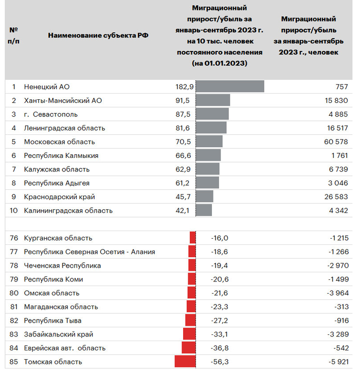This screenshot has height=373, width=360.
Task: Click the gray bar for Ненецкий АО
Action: [230, 86]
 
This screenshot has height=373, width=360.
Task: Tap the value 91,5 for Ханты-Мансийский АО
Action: [185, 100]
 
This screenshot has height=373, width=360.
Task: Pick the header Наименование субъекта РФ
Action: [99, 35]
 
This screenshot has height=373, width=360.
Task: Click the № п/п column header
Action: [13, 35]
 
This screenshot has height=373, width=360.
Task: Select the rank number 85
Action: [14, 361]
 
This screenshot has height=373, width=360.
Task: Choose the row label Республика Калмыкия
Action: [61, 155]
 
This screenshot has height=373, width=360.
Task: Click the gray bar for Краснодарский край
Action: [205, 197]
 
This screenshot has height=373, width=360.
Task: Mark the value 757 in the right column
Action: [341, 86]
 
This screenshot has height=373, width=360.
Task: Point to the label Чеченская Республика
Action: [62, 265]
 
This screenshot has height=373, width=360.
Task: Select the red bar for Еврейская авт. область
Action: [189, 348]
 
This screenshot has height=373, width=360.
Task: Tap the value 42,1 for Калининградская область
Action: [185, 210]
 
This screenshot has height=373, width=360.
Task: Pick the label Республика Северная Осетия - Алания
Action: [89, 252]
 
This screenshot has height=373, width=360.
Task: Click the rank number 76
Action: [14, 238]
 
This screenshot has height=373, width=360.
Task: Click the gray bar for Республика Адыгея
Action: [207, 183]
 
